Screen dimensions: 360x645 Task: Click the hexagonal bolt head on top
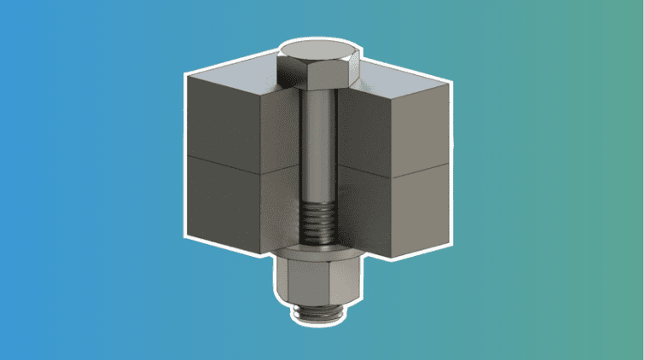tap(322, 75)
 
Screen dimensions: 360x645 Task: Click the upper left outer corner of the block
tap(189, 75)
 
